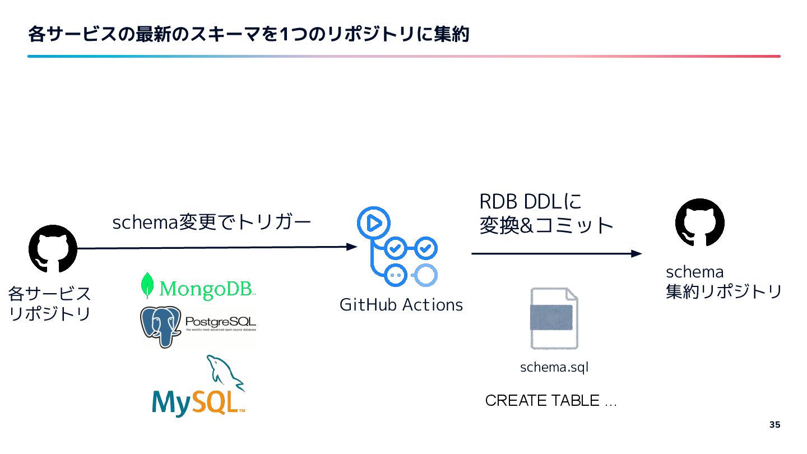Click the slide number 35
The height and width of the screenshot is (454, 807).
tap(774, 424)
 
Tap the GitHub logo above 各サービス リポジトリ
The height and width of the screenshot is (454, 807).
tap(53, 249)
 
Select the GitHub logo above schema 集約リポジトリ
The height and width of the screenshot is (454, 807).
tap(699, 223)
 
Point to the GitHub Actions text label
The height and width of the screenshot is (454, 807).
tap(401, 305)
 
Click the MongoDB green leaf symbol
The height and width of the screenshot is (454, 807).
tap(147, 285)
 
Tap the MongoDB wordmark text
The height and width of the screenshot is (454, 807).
tap(207, 289)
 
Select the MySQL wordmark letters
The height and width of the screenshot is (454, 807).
tap(198, 402)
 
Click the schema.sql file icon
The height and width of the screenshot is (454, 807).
tap(554, 318)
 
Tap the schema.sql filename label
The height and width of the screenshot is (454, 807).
tap(554, 368)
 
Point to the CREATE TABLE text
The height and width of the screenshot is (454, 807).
tap(550, 401)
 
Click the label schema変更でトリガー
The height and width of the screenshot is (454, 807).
tap(211, 223)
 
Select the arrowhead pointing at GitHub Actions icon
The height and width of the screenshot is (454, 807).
tap(352, 247)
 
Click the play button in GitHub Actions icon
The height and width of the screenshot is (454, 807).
tap(373, 223)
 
